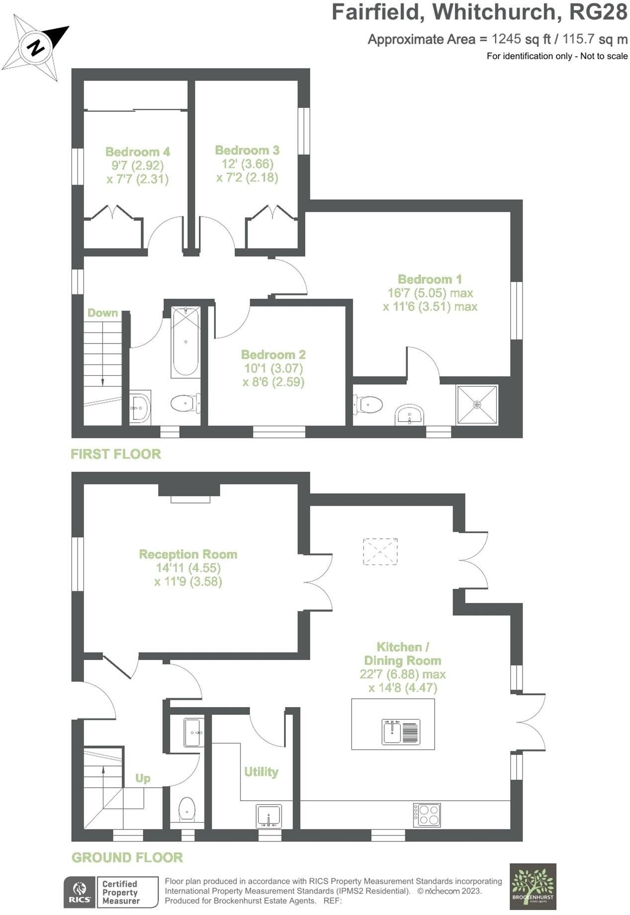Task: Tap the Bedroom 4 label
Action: click(x=138, y=152)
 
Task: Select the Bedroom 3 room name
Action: click(x=247, y=150)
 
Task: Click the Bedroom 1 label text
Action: click(x=430, y=279)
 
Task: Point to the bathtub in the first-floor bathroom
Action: click(x=185, y=341)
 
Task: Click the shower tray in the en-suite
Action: click(x=477, y=405)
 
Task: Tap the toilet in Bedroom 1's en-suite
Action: click(x=368, y=404)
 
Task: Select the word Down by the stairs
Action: click(x=103, y=313)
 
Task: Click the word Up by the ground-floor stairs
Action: click(x=143, y=778)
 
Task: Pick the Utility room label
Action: click(x=261, y=772)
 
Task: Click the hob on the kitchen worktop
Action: click(x=427, y=814)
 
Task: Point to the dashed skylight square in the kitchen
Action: click(x=380, y=551)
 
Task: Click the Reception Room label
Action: click(x=188, y=554)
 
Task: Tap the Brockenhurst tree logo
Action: click(x=533, y=886)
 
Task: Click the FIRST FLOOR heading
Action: click(x=116, y=454)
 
